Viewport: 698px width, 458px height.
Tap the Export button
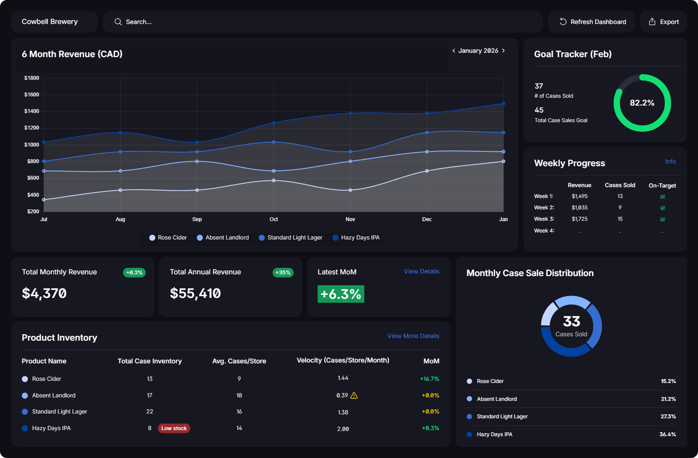[664, 22]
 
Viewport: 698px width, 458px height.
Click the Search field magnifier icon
[118, 22]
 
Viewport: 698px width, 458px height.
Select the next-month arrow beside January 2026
[503, 51]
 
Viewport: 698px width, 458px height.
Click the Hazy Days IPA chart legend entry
[356, 238]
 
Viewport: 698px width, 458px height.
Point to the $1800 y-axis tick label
[32, 78]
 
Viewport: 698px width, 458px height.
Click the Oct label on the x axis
[274, 219]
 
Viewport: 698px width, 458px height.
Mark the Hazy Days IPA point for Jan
[503, 104]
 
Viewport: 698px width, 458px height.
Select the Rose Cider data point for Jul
[44, 200]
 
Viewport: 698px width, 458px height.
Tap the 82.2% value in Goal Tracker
[642, 103]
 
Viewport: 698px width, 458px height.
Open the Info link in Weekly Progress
[670, 161]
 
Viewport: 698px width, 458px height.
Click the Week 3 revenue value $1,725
[579, 219]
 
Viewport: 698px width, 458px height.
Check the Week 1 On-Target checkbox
[662, 197]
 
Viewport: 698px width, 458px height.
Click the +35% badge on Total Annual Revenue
[283, 273]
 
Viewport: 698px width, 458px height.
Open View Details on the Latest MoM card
[421, 271]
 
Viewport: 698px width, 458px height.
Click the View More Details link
[413, 336]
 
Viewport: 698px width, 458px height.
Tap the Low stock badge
[174, 428]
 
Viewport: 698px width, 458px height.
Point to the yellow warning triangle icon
[354, 396]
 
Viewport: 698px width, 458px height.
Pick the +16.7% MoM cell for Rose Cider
[429, 379]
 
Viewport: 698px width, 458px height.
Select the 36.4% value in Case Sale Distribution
[667, 434]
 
